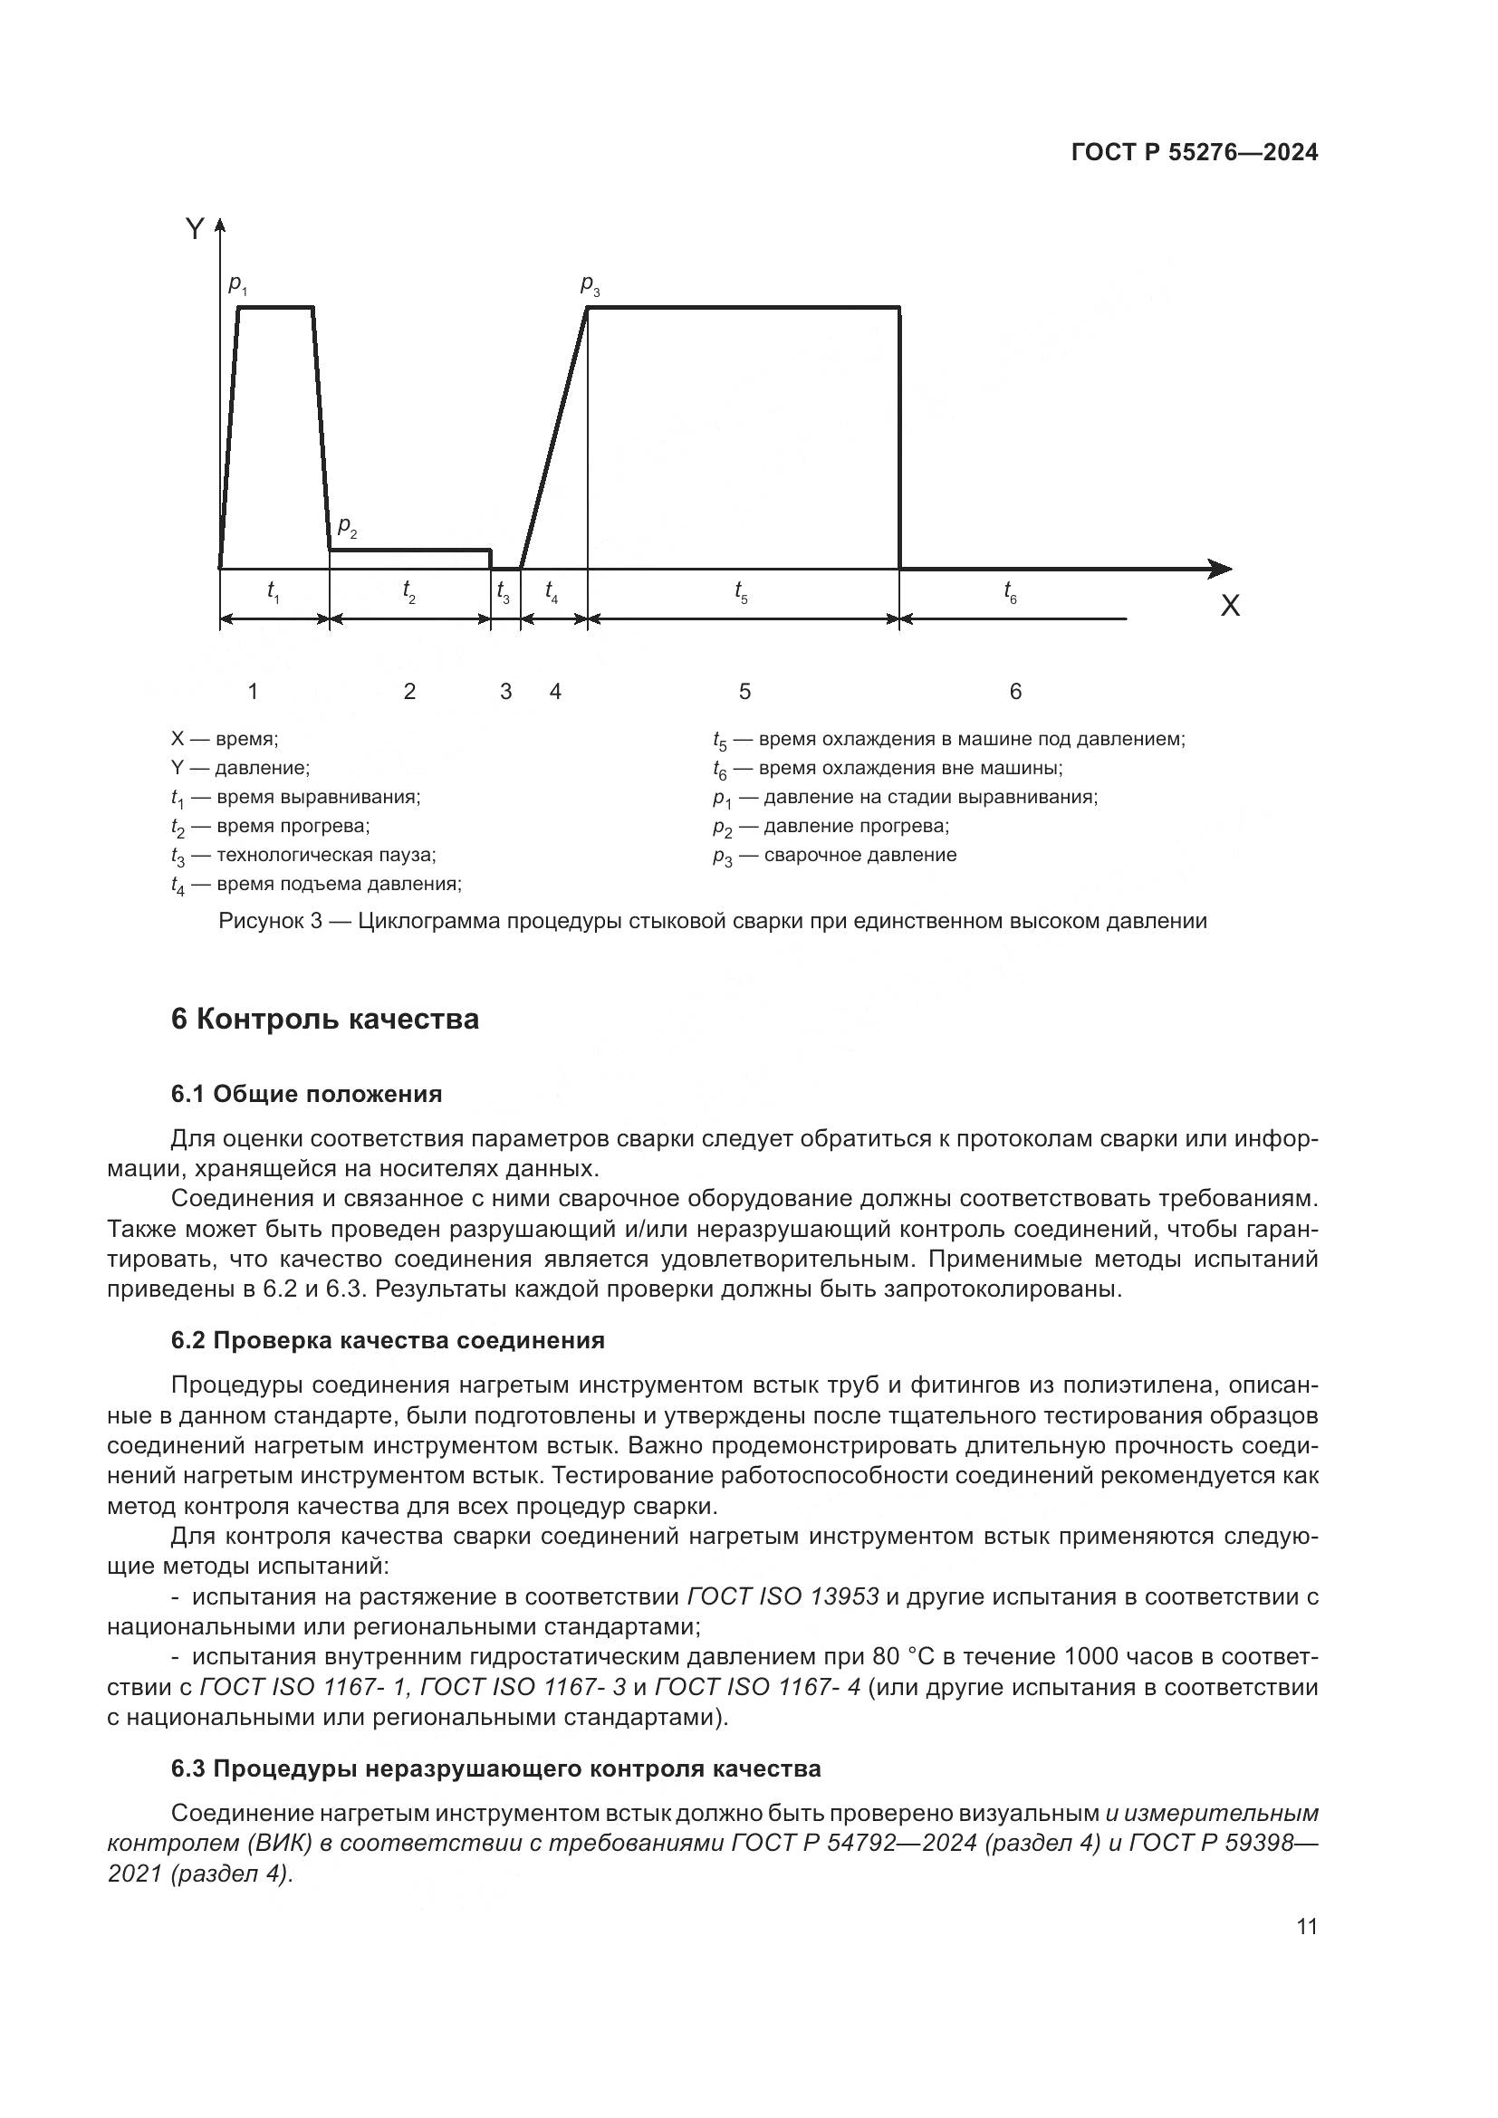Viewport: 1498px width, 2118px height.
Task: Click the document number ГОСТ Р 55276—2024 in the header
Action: coord(1195,152)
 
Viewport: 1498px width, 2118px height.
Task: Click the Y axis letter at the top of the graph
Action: coord(194,229)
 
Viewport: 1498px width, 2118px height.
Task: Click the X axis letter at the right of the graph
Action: coord(1230,606)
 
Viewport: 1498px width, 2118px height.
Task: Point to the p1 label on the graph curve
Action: coord(237,285)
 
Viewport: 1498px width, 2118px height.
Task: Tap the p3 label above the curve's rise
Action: coord(590,285)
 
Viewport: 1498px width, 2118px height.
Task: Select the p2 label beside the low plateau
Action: coord(347,527)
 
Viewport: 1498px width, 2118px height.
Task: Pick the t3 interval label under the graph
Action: coord(503,592)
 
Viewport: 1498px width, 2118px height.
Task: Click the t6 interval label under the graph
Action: coord(1010,592)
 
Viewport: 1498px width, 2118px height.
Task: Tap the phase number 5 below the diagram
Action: coord(744,691)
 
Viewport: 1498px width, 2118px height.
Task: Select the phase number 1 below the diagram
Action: coord(253,691)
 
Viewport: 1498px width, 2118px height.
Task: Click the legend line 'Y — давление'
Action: coord(240,768)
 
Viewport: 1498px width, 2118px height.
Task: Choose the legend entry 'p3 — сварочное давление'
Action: coord(834,855)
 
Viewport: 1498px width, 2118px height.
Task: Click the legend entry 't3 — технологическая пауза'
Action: coord(303,855)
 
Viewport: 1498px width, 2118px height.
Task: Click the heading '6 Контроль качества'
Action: coord(325,1020)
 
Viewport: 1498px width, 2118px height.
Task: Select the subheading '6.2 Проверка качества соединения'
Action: coord(388,1340)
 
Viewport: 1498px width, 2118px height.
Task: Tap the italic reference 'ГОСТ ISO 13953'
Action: coord(783,1596)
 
